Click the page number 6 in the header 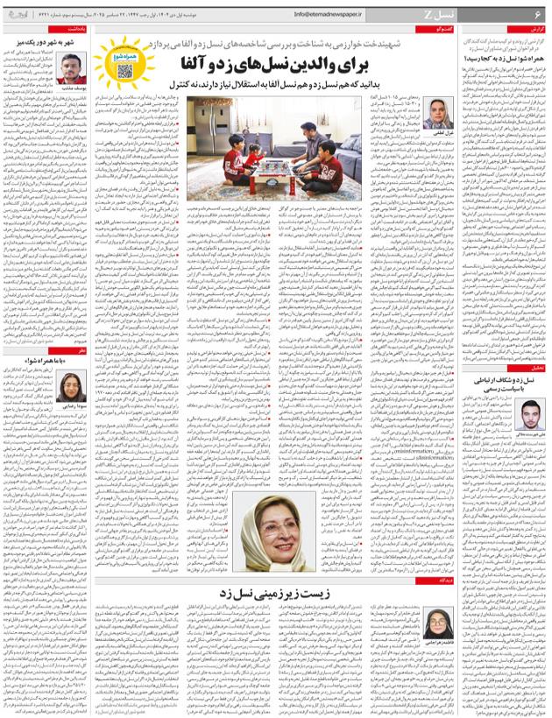[539, 14]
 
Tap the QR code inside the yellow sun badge [124, 70]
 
